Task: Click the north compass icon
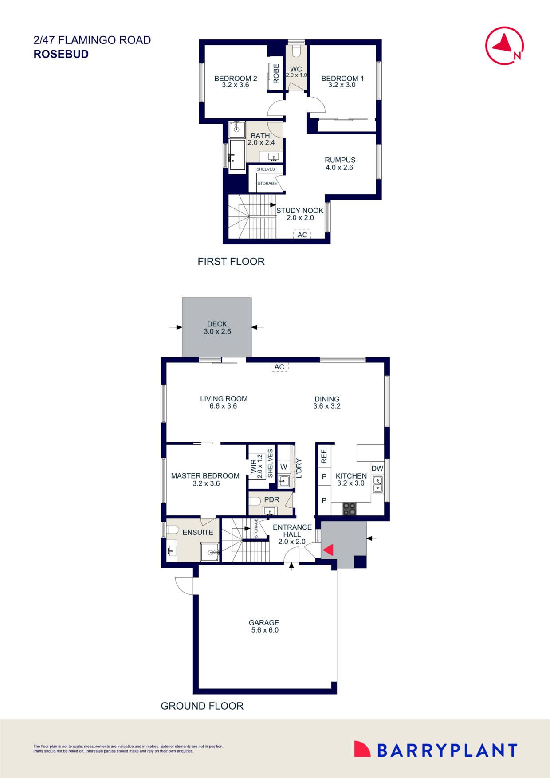[x=504, y=46]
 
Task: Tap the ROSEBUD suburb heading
[x=61, y=54]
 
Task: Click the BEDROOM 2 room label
[x=236, y=79]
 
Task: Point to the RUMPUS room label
[x=340, y=160]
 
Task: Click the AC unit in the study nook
[x=302, y=234]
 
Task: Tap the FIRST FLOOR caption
[x=231, y=262]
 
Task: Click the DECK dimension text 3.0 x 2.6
[x=217, y=331]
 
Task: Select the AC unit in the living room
[x=279, y=367]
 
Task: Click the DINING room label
[x=327, y=399]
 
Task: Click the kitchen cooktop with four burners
[x=350, y=509]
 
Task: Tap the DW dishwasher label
[x=377, y=468]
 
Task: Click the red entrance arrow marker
[x=328, y=550]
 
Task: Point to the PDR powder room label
[x=272, y=499]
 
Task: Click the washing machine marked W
[x=284, y=467]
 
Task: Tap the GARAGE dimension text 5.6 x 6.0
[x=264, y=630]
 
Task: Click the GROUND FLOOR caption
[x=202, y=706]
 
